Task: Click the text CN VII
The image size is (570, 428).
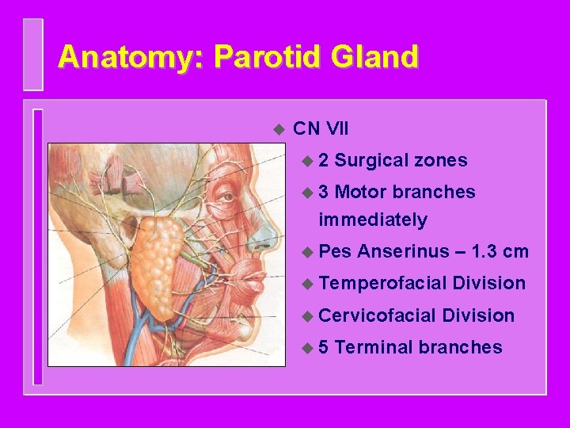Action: pyautogui.click(x=320, y=128)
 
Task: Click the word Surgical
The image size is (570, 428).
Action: pyautogui.click(x=369, y=161)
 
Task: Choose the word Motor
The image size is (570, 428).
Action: pyautogui.click(x=361, y=193)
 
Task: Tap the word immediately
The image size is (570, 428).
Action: pyautogui.click(x=372, y=220)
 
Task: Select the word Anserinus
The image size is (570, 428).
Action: pyautogui.click(x=401, y=252)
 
